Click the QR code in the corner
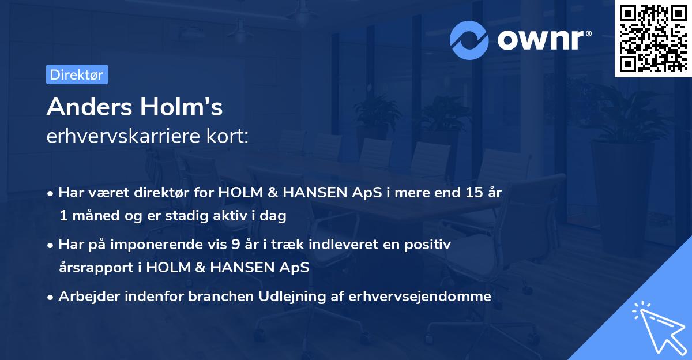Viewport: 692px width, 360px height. coord(652,39)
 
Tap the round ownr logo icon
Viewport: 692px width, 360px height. coord(469,40)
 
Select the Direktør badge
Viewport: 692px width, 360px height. coord(77,74)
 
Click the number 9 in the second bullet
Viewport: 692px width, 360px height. coord(235,245)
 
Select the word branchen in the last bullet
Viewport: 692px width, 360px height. coord(210,297)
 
